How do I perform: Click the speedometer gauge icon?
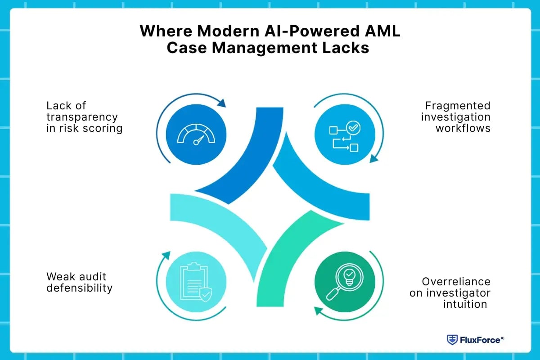coord(196,134)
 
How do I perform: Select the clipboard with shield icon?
coord(196,282)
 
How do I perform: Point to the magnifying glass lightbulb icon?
coord(344,282)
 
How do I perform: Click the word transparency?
coord(82,117)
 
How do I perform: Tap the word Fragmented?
coord(458,106)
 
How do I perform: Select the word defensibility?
coord(79,288)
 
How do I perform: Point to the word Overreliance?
coord(456,282)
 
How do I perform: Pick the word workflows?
coord(463,128)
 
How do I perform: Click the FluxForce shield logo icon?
coord(452,340)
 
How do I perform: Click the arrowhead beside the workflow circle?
coord(373,159)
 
